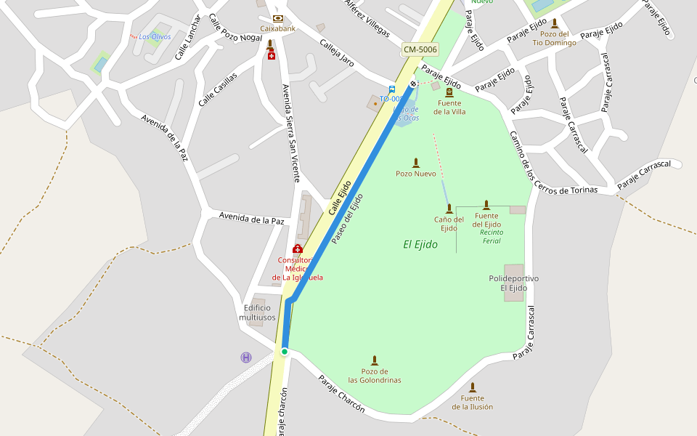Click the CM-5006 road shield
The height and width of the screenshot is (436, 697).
[420, 49]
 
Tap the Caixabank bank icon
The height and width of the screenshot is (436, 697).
[277, 18]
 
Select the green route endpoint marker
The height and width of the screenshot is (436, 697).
[285, 352]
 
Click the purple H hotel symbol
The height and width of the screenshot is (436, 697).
[246, 357]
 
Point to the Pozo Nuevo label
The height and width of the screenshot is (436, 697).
[415, 174]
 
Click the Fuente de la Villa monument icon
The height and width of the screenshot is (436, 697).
[449, 92]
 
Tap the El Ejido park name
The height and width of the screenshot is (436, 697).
[420, 245]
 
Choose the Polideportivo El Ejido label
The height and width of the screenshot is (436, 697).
[513, 283]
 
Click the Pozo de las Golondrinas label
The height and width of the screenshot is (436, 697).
[374, 376]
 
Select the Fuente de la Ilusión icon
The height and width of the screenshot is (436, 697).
[472, 387]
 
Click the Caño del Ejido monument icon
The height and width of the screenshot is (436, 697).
[449, 209]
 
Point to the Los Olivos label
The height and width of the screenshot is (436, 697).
[155, 36]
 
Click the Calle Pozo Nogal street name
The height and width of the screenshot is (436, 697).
[235, 28]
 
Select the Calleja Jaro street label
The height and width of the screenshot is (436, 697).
[337, 53]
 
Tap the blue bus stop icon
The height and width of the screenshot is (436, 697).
[391, 89]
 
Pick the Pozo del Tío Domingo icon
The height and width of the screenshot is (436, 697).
[555, 23]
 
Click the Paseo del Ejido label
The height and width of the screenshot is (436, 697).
[347, 218]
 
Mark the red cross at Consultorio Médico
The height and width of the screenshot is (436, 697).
[297, 249]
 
